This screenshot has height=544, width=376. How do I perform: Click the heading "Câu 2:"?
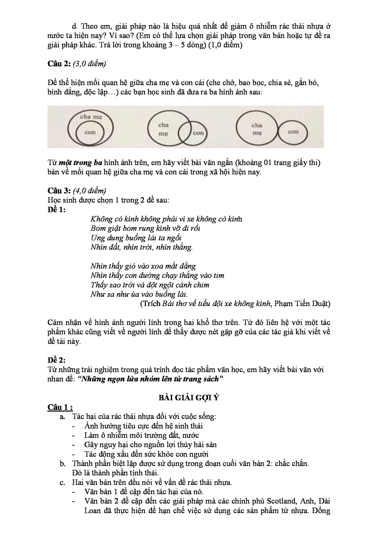click(x=59, y=64)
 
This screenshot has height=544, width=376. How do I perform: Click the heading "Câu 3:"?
click(x=59, y=191)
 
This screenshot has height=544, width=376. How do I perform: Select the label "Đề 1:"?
click(x=57, y=210)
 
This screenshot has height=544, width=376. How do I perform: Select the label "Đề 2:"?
click(x=57, y=360)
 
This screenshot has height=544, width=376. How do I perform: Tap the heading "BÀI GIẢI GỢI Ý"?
click(x=188, y=397)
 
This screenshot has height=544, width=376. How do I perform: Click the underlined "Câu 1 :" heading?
click(x=60, y=407)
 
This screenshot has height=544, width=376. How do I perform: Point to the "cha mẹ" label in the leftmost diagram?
click(x=91, y=117)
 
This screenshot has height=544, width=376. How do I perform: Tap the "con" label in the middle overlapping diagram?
click(x=199, y=133)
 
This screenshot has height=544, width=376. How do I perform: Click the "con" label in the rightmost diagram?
click(x=293, y=132)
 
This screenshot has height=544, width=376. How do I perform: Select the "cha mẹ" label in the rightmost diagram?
click(x=257, y=129)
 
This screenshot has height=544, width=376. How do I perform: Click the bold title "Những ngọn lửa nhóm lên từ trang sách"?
click(x=151, y=379)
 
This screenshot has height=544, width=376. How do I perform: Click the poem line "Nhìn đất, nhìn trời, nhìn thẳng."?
click(x=141, y=247)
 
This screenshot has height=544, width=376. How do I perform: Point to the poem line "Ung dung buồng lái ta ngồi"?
click(x=136, y=238)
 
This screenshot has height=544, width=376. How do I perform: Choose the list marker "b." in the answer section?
click(x=63, y=464)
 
